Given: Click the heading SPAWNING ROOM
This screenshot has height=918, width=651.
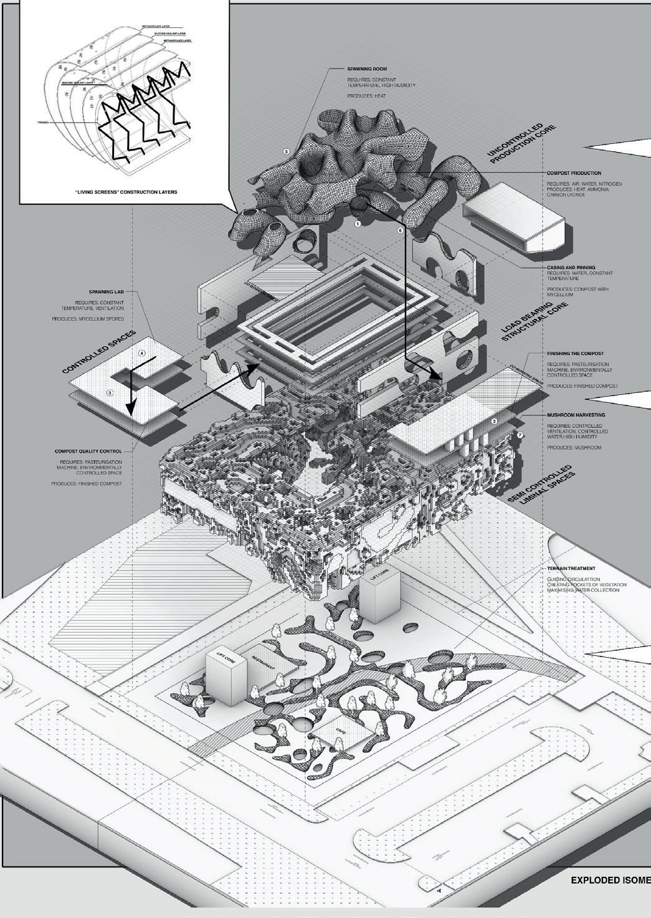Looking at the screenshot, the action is (362, 69).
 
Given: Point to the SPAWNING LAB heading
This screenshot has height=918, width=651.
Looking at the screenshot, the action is (108, 291).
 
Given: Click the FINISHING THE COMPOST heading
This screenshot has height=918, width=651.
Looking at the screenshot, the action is (575, 353).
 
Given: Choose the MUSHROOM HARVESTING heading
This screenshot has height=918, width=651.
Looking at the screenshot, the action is (576, 414).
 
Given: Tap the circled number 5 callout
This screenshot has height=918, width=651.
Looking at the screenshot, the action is (286, 151).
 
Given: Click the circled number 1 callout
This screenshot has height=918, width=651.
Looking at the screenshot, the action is (358, 222).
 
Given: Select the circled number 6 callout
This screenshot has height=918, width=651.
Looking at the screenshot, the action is (400, 230).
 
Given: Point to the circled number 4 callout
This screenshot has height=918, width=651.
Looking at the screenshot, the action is (142, 354).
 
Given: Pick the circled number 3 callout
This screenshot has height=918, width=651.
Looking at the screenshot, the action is (110, 392).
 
